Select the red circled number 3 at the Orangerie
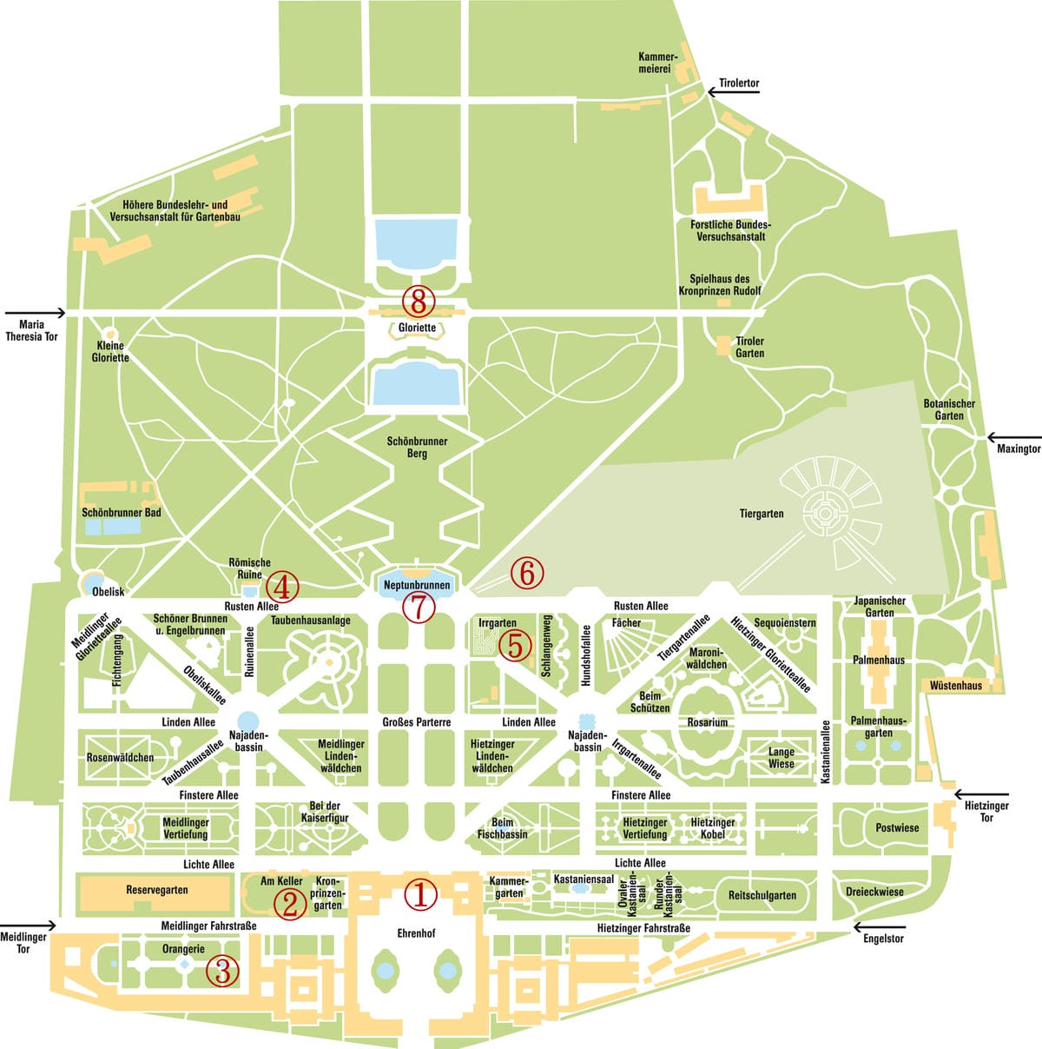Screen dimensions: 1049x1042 click(x=223, y=971)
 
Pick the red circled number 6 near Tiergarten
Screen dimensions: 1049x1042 click(x=526, y=572)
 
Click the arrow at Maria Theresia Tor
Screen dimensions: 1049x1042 click(x=35, y=313)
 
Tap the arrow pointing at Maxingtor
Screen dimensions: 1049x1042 click(x=1012, y=438)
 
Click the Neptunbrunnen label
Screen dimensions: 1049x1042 click(x=417, y=586)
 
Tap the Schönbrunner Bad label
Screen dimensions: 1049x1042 click(x=122, y=513)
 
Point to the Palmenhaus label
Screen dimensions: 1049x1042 click(x=879, y=661)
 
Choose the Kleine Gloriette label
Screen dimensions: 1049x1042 click(x=110, y=352)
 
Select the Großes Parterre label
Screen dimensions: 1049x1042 click(x=417, y=722)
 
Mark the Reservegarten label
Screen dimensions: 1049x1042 click(x=157, y=890)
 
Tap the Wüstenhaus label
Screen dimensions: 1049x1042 click(x=956, y=686)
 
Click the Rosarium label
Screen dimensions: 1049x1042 click(x=708, y=722)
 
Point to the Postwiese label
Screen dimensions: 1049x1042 click(x=897, y=827)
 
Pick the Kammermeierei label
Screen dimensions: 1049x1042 click(x=657, y=63)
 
